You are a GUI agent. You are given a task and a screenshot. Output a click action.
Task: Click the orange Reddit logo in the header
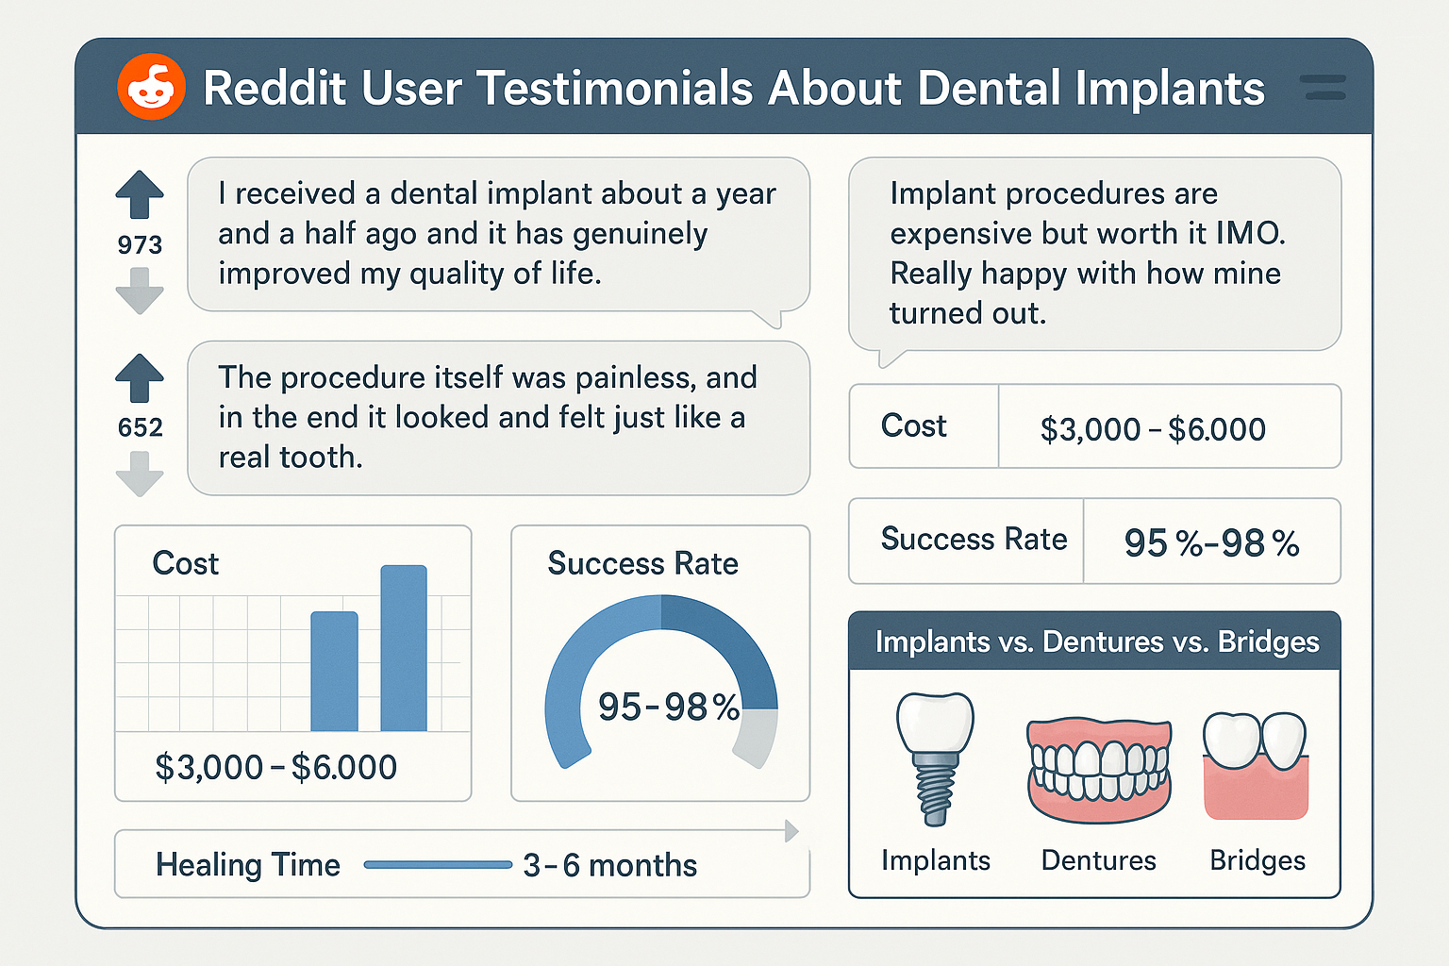151,87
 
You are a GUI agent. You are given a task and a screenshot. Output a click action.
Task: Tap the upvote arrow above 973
140,194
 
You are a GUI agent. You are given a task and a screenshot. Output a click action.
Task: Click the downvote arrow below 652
140,474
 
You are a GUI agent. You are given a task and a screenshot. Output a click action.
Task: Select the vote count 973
140,245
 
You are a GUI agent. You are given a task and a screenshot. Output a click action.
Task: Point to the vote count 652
140,427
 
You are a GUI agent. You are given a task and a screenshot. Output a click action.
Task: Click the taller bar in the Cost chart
404,649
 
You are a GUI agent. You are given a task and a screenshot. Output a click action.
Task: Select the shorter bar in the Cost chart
334,672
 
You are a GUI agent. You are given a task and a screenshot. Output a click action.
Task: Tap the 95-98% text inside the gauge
668,707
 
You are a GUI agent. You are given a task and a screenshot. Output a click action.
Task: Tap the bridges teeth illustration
1256,764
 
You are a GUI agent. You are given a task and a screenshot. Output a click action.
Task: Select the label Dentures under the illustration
1098,860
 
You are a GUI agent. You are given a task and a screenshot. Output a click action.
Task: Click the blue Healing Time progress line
438,864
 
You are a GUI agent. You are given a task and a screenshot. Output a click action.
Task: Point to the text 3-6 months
609,865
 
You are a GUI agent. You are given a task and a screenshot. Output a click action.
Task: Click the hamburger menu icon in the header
1322,88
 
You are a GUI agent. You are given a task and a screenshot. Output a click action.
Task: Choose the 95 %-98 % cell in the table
1211,542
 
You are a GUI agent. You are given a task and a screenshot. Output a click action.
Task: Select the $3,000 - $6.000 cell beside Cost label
1152,429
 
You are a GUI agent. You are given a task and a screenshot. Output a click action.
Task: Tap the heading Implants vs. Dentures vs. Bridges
1096,641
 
